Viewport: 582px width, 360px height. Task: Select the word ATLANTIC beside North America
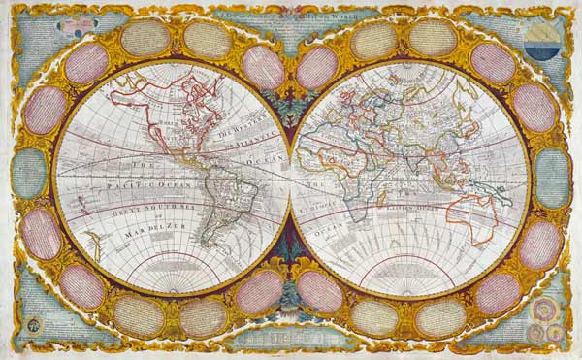click(x=254, y=142)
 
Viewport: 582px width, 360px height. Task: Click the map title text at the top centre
click(x=291, y=7)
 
